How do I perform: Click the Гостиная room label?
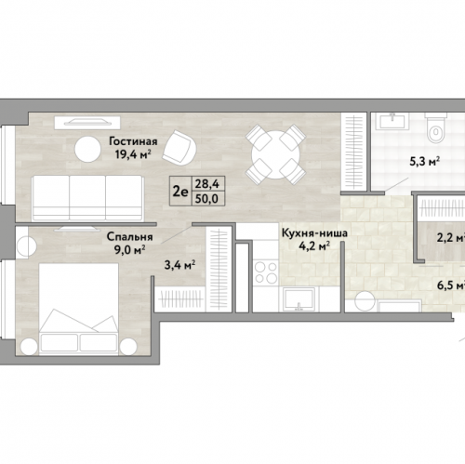[133, 141]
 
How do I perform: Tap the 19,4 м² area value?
[133, 154]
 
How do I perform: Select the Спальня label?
[129, 237]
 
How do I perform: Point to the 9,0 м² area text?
[129, 249]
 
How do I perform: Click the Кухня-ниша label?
[314, 233]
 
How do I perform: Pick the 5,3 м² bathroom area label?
[425, 162]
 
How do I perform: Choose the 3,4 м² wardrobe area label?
[179, 265]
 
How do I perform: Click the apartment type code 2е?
[180, 192]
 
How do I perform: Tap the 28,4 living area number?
[207, 184]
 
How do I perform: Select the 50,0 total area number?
[207, 199]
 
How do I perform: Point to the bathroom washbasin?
[392, 121]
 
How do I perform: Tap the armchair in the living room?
[180, 148]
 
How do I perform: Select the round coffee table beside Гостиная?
[87, 149]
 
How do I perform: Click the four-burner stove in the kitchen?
[265, 272]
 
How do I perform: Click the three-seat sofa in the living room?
[88, 198]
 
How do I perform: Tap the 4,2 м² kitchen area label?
[314, 246]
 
